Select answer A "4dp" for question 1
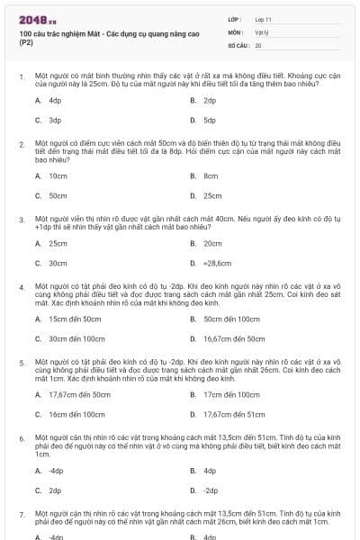(54, 101)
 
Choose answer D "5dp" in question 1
(210, 120)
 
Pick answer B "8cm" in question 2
(211, 176)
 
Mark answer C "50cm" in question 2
(58, 195)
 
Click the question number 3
(21, 219)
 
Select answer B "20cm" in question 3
(212, 244)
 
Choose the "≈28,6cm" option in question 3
(217, 264)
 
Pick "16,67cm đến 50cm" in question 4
(234, 339)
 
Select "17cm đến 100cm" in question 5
(230, 395)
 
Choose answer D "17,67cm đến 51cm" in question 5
(234, 415)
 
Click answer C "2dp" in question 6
(54, 490)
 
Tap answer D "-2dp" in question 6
(211, 490)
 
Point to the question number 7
(21, 514)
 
